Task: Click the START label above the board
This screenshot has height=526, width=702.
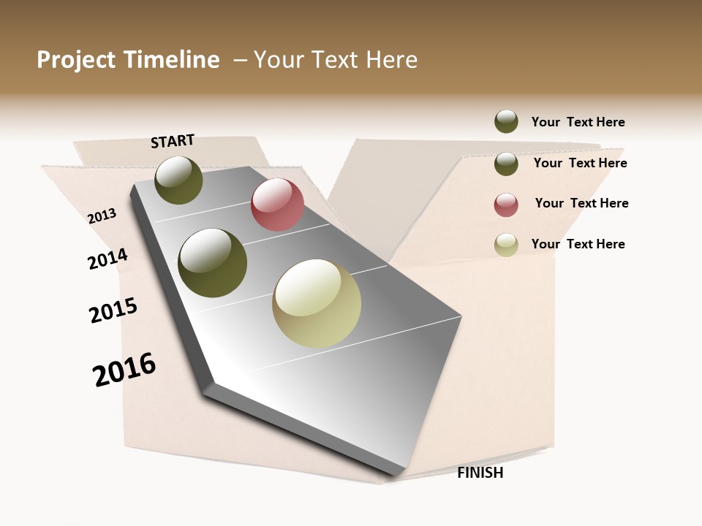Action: coord(173,141)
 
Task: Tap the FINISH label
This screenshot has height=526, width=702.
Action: coord(480,473)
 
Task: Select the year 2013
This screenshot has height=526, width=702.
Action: coord(102,216)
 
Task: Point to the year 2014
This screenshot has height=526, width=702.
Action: coord(107,259)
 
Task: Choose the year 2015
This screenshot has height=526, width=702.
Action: coord(113,310)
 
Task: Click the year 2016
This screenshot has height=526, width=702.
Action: coord(124,369)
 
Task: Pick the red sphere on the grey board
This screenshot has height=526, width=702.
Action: coord(277,205)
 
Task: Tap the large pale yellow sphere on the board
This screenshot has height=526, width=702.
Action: coord(317,303)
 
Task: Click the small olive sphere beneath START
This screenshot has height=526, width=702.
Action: coord(178,180)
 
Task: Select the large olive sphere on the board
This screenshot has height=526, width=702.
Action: coord(213,262)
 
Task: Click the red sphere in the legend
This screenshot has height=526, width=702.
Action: coord(506,205)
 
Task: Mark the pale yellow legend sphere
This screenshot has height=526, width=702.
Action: coord(506,245)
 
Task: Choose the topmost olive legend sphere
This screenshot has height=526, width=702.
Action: coord(506,121)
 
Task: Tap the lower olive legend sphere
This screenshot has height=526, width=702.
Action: coord(506,164)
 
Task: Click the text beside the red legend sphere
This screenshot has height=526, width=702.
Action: coord(581,203)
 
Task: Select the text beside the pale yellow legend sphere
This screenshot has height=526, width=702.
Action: coord(578,244)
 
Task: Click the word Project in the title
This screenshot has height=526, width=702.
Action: coord(77,60)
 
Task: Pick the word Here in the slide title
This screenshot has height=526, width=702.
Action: coord(391,60)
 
